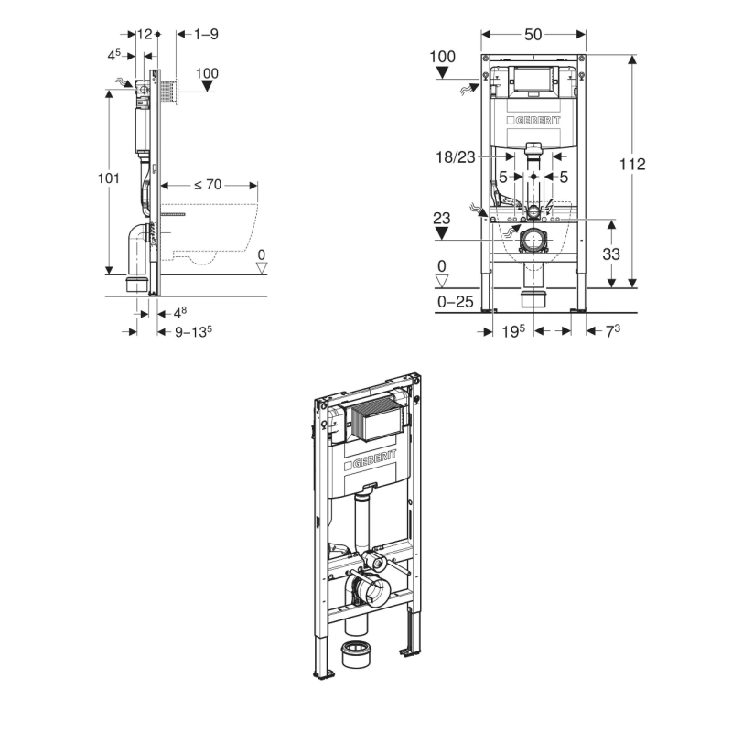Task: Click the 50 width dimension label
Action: pyautogui.click(x=533, y=34)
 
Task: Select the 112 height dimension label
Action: pyautogui.click(x=632, y=164)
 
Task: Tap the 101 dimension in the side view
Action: pyautogui.click(x=108, y=178)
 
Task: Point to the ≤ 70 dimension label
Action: pyautogui.click(x=208, y=185)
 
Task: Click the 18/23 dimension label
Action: pyautogui.click(x=455, y=157)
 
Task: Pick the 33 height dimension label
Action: pyautogui.click(x=611, y=254)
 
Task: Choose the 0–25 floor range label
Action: pyautogui.click(x=455, y=302)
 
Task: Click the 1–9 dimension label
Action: pyautogui.click(x=206, y=34)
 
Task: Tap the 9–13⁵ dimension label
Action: pyautogui.click(x=193, y=332)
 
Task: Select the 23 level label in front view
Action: pyautogui.click(x=442, y=218)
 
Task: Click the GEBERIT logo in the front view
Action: pyautogui.click(x=533, y=121)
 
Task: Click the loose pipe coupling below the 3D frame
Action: pyautogui.click(x=356, y=653)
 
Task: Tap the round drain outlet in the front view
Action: pyautogui.click(x=533, y=241)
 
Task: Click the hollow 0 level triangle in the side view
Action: pyautogui.click(x=262, y=268)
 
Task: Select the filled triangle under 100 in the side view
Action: pyautogui.click(x=207, y=86)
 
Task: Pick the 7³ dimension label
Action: pyautogui.click(x=613, y=331)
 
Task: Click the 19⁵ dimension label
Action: pyautogui.click(x=513, y=331)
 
